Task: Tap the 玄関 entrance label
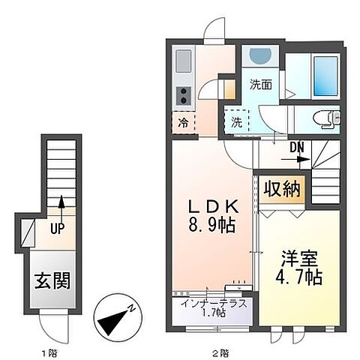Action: pyautogui.click(x=52, y=281)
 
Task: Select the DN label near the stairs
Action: pyautogui.click(x=294, y=147)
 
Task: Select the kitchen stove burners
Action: pyautogui.click(x=182, y=95)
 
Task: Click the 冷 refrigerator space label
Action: pyautogui.click(x=183, y=124)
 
